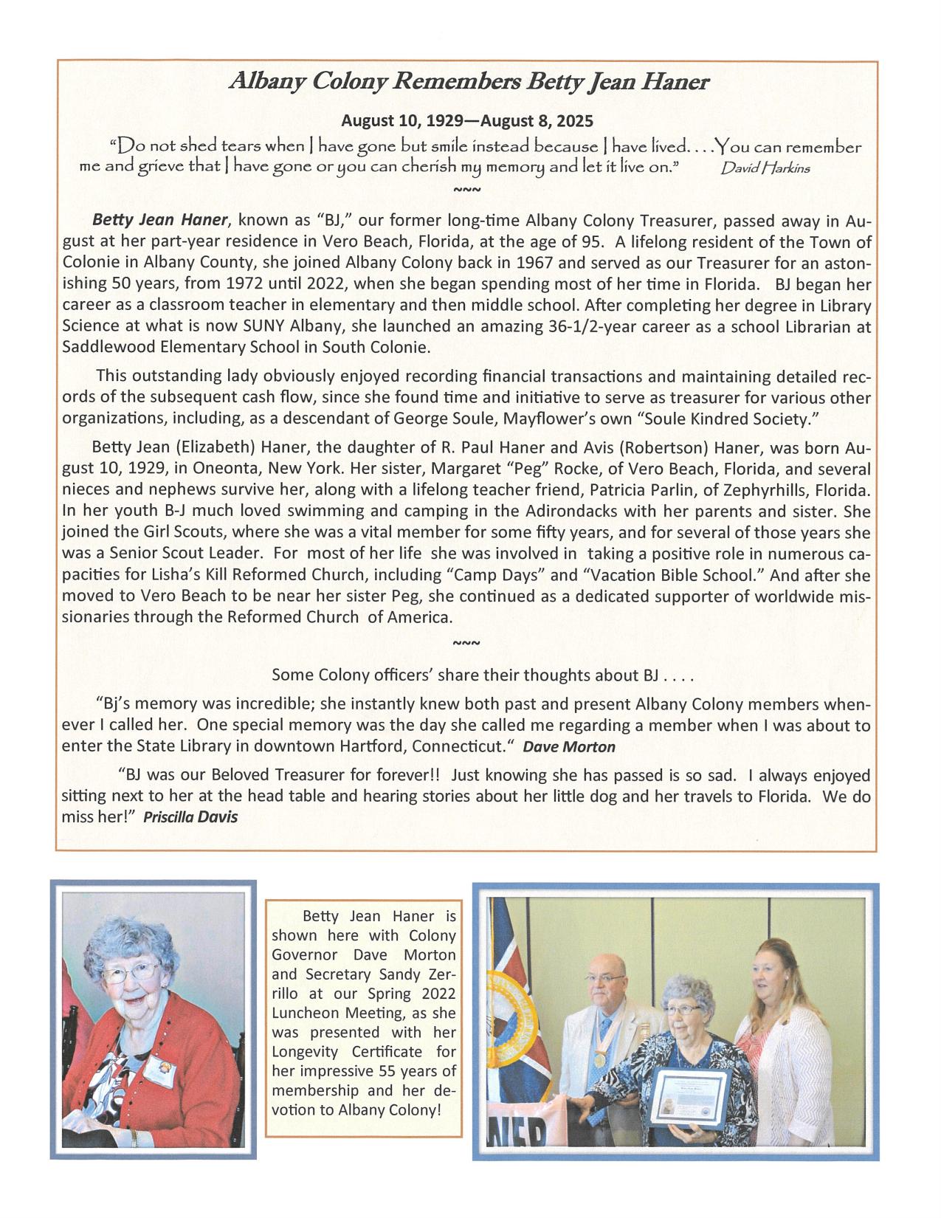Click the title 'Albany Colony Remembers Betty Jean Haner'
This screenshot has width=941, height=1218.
point(469,82)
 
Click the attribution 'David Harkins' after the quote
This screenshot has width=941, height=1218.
point(765,168)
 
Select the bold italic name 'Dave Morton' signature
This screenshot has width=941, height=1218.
point(568,747)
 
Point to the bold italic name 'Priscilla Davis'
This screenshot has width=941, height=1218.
point(190,817)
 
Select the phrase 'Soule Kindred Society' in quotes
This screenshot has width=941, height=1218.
point(729,419)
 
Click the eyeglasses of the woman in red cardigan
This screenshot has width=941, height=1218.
point(132,970)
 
